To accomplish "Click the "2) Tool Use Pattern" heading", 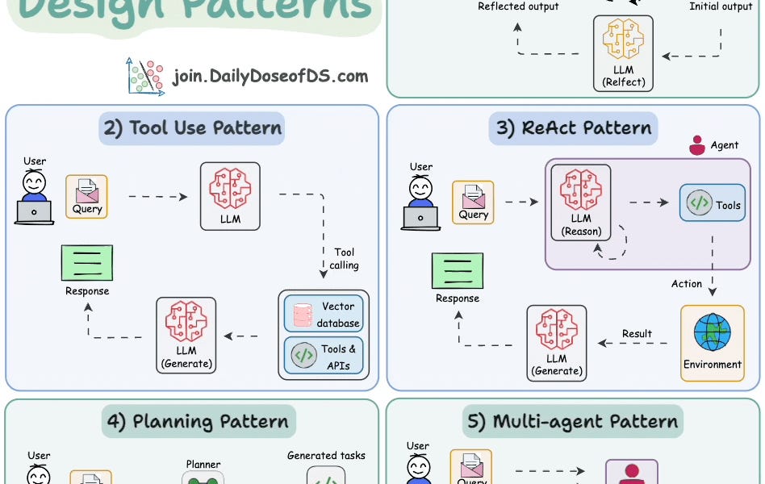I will point(192,127).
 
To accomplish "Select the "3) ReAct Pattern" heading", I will point(575,127).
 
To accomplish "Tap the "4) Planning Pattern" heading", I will point(199,421).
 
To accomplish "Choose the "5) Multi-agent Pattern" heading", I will point(574,421).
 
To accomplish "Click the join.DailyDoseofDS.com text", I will point(270,77).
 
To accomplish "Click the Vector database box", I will point(324,314).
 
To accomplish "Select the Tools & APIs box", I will point(324,356).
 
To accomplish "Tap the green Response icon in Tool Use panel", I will point(87,263).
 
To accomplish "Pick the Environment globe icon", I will point(712,332).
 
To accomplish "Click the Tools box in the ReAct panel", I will point(712,204).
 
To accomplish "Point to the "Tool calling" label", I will point(344,258).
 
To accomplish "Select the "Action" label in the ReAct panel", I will point(687,284).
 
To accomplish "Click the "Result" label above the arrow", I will point(637,333).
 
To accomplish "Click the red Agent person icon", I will point(697,145).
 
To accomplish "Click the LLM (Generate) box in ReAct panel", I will point(557,342).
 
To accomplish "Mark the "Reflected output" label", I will point(518,6).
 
